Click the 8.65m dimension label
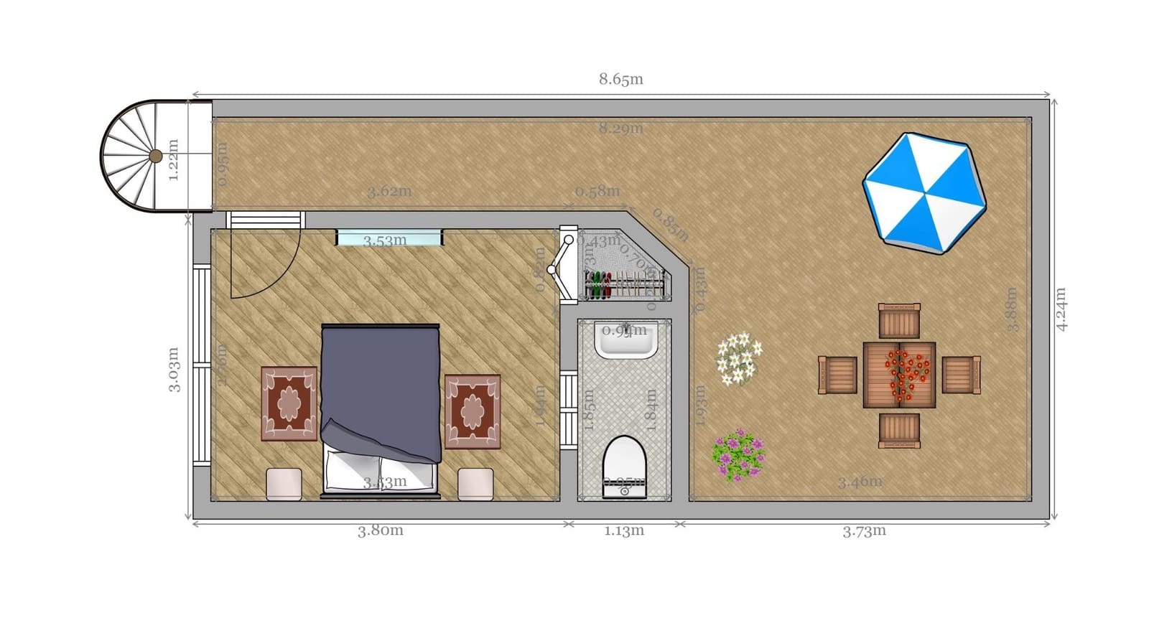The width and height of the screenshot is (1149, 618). (621, 79)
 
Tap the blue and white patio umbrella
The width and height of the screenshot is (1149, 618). (924, 192)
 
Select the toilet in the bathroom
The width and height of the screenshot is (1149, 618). (624, 465)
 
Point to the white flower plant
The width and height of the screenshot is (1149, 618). (739, 357)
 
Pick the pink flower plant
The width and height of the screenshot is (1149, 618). (738, 455)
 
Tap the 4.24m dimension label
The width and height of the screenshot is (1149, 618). (1061, 309)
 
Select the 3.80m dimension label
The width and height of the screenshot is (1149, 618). (381, 530)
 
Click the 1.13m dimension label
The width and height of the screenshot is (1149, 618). (623, 531)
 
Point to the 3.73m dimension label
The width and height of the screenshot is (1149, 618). (864, 531)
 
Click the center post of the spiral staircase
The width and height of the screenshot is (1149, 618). (156, 156)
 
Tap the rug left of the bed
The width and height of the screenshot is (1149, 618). (289, 403)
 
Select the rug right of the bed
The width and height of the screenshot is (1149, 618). (473, 411)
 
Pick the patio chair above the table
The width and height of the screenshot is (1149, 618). (899, 320)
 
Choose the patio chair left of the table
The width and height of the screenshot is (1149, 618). (837, 375)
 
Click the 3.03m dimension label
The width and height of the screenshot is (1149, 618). (174, 370)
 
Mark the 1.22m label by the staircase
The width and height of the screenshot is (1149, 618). (173, 160)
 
